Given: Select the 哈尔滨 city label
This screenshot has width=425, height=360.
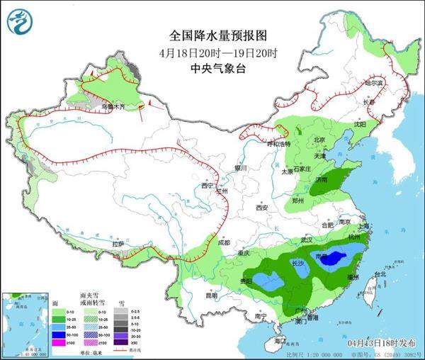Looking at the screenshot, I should tap(373, 84).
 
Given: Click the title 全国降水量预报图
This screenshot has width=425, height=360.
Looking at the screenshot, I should tap(210, 35).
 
